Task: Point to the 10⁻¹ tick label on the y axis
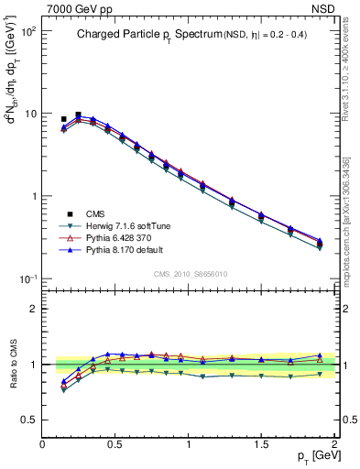(x=28, y=278)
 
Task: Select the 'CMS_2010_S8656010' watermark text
(x=191, y=273)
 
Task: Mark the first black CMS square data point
(x=63, y=119)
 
